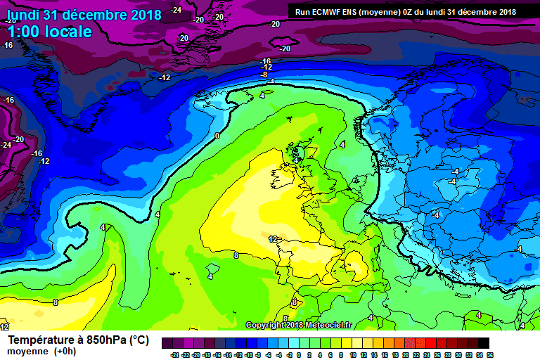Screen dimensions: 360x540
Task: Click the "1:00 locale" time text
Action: (50, 32)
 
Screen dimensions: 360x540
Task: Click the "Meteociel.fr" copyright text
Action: (328, 325)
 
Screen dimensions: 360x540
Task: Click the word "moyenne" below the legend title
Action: (28, 351)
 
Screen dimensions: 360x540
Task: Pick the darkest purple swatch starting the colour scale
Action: (167, 343)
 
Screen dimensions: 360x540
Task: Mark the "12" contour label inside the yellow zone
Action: (273, 239)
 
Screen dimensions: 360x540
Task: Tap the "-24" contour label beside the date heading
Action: (176, 10)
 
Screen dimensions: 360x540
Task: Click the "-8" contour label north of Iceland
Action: (264, 75)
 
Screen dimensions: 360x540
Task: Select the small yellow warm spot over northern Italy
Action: (356, 266)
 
